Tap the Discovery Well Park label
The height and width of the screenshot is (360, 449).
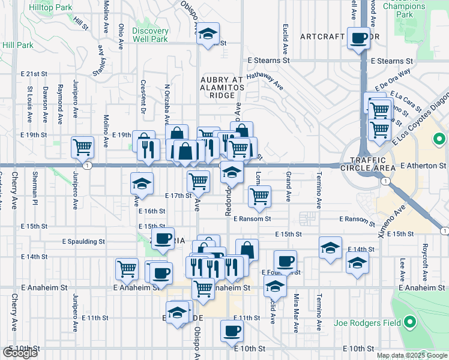[x=150, y=35]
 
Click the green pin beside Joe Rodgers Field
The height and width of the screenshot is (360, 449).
[x=410, y=323]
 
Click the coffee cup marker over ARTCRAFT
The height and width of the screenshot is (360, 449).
[x=360, y=39]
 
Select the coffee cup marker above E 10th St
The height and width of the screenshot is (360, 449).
[x=232, y=331]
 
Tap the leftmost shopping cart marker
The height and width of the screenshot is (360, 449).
[x=82, y=146]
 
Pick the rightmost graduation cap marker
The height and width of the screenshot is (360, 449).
[x=358, y=263]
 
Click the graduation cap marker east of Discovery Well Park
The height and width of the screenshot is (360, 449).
[x=208, y=35]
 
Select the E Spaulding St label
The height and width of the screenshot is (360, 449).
[x=83, y=241]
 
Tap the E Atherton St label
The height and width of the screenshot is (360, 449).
[x=424, y=165]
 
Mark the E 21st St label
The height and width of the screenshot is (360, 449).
[x=34, y=73]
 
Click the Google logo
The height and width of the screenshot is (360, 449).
[x=20, y=353]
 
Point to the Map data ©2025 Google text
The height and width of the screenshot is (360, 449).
[x=411, y=355]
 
